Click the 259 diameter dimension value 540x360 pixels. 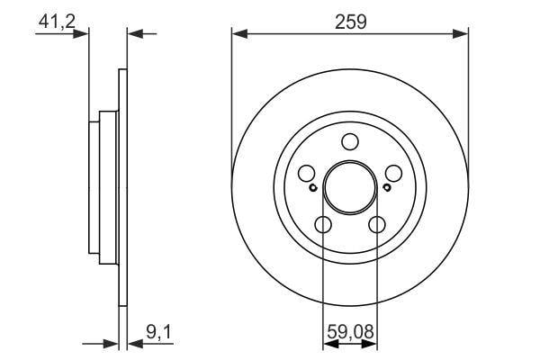tap(351, 22)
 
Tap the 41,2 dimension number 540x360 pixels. tap(57, 22)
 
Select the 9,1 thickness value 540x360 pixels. tap(158, 332)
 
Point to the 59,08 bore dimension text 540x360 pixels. tap(350, 332)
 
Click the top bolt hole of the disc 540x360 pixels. tap(350, 141)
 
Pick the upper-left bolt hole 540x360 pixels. tap(307, 174)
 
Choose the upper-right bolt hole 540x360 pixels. tap(393, 174)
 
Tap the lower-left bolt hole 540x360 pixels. tap(323, 225)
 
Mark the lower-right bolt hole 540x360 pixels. tap(377, 225)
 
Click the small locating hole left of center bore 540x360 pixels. tap(312, 188)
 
